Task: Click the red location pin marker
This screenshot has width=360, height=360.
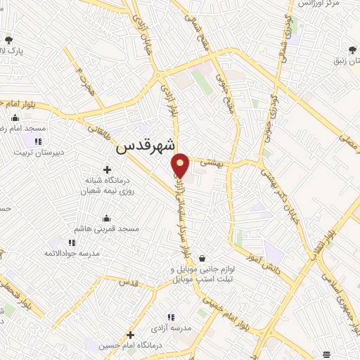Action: point(181,165)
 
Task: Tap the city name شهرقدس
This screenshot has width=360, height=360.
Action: point(144,148)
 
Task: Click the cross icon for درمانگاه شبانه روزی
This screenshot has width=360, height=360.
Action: point(107,169)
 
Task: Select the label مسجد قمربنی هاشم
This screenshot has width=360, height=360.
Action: point(108,229)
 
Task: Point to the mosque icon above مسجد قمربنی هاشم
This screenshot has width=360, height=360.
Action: point(106,217)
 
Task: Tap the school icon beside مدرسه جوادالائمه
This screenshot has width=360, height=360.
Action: point(71,243)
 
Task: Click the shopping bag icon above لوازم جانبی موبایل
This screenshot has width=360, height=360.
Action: point(202,258)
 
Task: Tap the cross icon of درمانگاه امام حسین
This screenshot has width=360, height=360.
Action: point(130,335)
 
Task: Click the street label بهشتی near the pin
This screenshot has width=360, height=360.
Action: point(211,161)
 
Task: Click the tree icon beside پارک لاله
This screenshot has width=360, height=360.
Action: point(8,39)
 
